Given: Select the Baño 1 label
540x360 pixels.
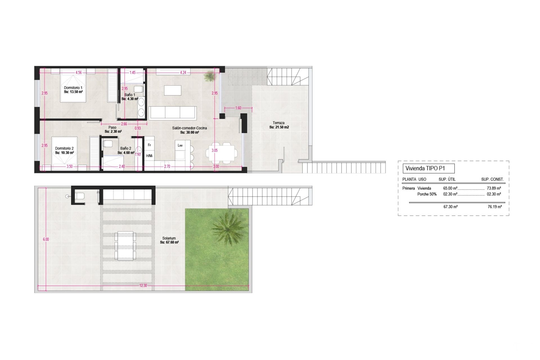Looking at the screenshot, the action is click(x=130, y=95).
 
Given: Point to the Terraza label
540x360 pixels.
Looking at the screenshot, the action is click(x=278, y=123).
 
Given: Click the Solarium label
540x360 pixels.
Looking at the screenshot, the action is click(x=169, y=238).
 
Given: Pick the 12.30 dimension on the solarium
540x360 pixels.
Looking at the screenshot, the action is click(x=143, y=285).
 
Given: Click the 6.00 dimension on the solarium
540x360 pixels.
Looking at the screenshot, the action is click(x=46, y=239).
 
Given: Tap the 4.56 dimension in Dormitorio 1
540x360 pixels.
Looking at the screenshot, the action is click(x=78, y=73).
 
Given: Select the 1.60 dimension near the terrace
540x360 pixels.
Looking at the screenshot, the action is click(x=238, y=108).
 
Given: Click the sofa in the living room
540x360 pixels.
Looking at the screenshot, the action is click(x=172, y=113).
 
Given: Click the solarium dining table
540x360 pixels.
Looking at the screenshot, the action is click(x=125, y=246).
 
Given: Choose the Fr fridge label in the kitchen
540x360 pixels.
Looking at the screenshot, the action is click(x=149, y=145).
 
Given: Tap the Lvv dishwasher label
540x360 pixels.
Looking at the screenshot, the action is click(x=180, y=145).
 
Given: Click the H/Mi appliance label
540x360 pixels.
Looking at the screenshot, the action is click(x=149, y=156).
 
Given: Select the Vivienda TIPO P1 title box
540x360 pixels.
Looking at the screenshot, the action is click(x=429, y=168).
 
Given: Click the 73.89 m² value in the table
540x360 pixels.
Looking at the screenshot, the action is click(x=494, y=188).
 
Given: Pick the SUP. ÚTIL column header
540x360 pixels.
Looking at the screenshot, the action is click(x=447, y=179).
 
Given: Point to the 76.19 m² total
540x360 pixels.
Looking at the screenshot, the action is click(x=495, y=207).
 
